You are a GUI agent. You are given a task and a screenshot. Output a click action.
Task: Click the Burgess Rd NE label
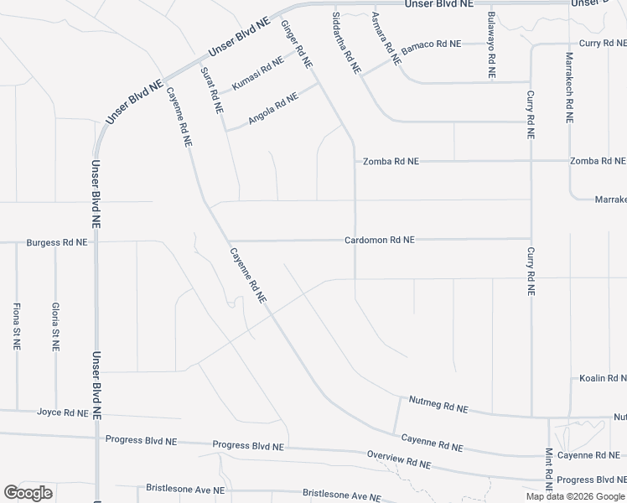click(57, 243)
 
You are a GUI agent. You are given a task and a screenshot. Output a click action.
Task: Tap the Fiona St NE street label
click(17, 327)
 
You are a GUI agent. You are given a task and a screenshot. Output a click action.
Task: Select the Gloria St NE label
click(55, 327)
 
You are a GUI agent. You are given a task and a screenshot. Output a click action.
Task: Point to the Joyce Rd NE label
click(63, 412)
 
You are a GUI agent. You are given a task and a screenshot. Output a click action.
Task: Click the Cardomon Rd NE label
click(380, 240)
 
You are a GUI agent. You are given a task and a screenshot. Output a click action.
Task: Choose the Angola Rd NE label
click(273, 110)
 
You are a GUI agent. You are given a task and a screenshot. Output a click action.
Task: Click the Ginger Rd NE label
click(296, 44)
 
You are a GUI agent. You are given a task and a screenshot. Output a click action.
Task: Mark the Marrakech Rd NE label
click(569, 89)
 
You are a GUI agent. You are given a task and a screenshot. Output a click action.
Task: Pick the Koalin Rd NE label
click(602, 379)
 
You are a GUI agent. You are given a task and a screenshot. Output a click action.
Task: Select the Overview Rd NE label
click(399, 459)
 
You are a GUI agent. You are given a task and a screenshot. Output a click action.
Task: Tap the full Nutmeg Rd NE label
click(438, 406)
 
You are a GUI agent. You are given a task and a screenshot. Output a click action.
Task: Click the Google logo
click(28, 493)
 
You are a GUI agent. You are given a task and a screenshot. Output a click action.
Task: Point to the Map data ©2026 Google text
click(574, 496)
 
